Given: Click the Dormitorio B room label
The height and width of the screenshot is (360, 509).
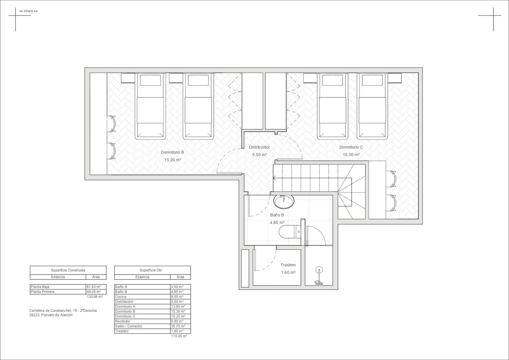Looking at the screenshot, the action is point(172,152).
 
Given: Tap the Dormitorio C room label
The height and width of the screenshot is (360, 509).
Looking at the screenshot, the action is point(351,147).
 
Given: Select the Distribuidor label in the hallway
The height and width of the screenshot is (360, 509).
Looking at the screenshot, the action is point(259,147).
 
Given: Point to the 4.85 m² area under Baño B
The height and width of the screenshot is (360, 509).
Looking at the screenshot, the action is point(277,223).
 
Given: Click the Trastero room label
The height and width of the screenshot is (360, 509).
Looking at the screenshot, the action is point(288,265).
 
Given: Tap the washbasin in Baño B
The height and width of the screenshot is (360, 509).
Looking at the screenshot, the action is point(284,201).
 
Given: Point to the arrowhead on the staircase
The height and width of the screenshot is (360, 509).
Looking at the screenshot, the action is point(274,178).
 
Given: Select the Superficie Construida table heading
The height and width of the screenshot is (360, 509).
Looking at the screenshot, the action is point(68,270).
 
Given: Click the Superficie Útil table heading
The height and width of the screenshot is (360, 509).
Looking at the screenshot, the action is point(151,270).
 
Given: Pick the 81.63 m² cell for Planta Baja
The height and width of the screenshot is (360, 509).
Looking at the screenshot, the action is point(93,287).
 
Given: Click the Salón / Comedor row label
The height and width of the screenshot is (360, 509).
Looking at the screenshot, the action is point(128,326).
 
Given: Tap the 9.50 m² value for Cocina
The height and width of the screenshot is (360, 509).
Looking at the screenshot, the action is point(177,297).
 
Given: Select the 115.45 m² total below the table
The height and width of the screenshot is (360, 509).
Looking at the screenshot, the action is point(179,336).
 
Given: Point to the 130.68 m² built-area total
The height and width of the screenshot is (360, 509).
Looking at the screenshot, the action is point(95,297).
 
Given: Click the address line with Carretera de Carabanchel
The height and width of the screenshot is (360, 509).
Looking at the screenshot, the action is point(63,310).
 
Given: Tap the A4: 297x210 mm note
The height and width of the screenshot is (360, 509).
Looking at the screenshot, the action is point(29,11).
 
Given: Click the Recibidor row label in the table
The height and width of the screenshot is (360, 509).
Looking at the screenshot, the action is point(123,321).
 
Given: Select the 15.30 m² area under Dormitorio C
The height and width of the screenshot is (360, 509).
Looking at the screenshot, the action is point(351,154).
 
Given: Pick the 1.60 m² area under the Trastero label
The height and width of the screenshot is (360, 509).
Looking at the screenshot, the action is point(288,272).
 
